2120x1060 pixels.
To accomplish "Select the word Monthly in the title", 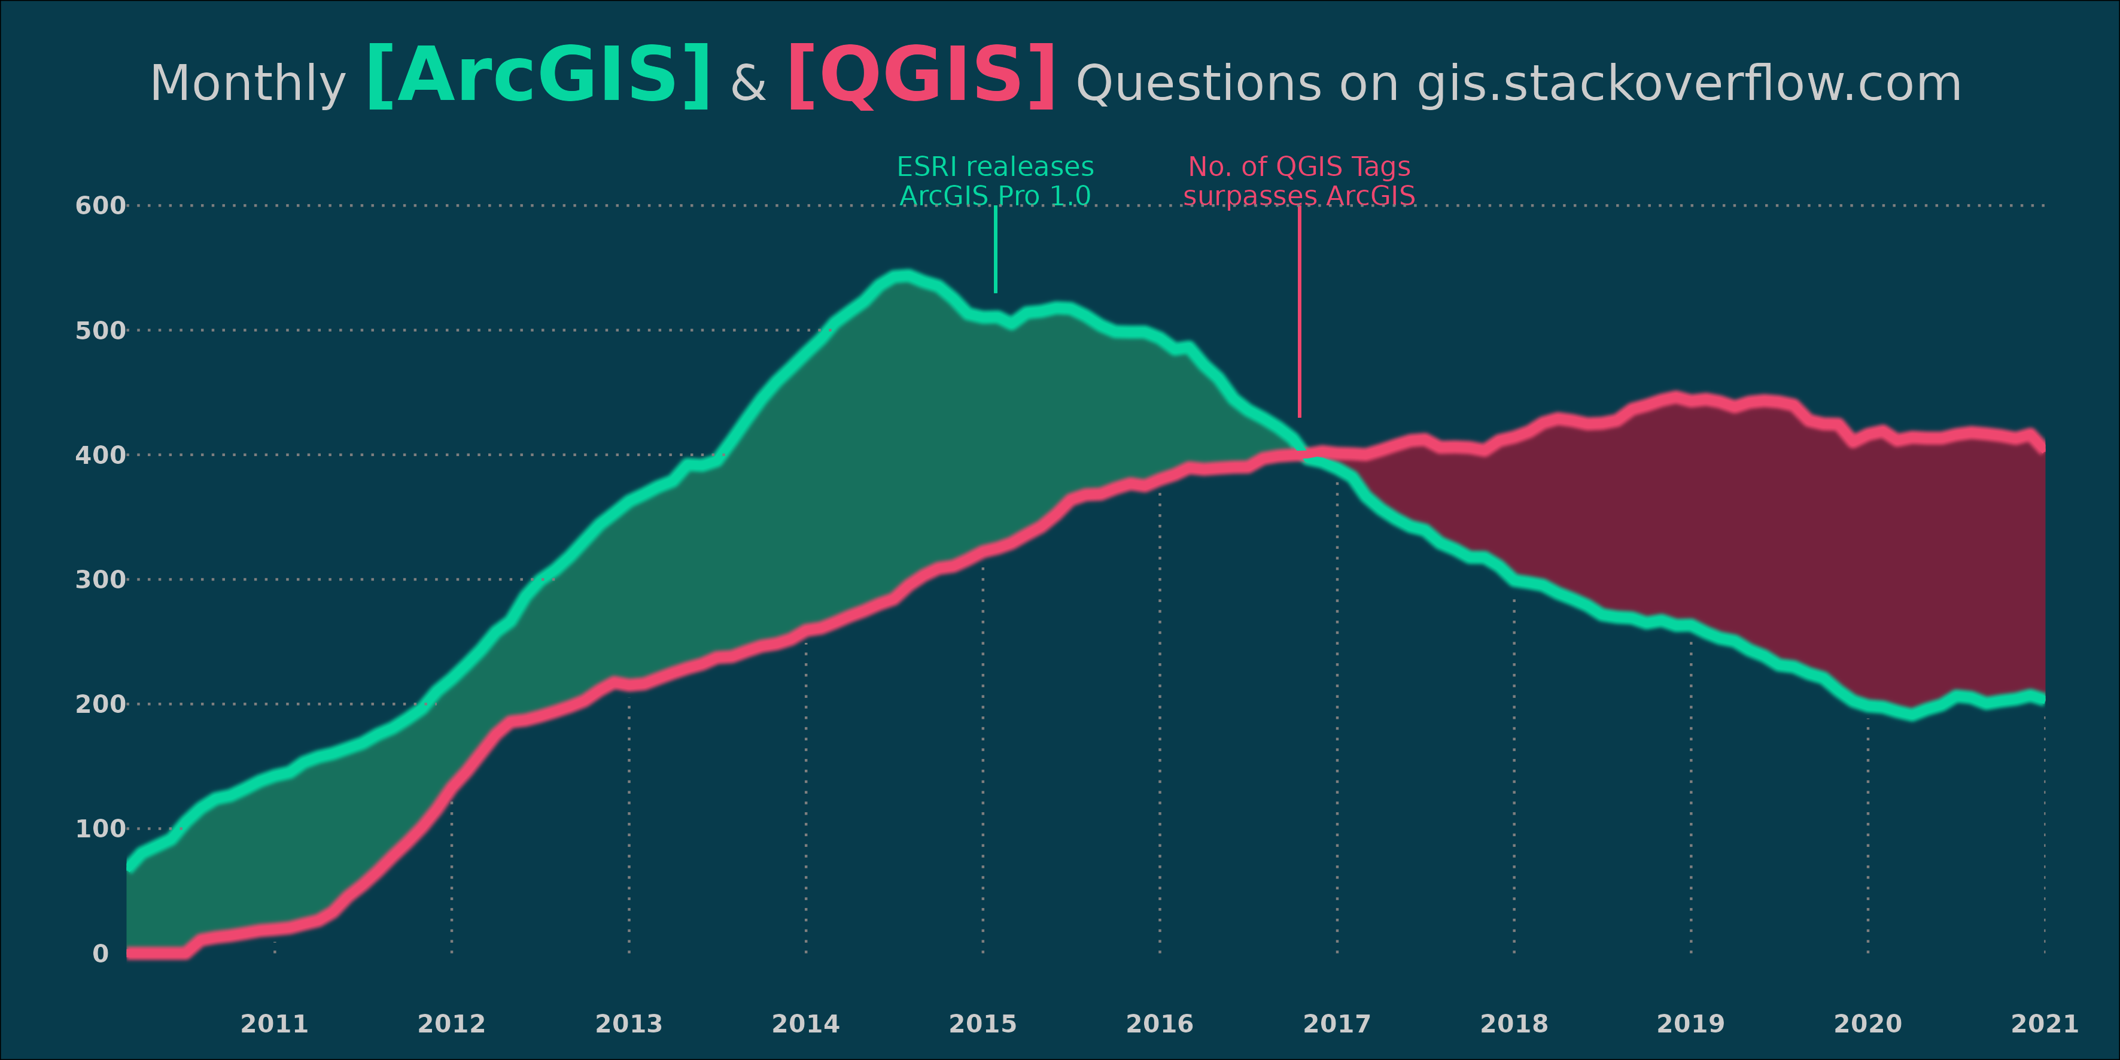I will tap(248, 84).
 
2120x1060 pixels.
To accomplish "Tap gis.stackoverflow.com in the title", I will tap(1689, 84).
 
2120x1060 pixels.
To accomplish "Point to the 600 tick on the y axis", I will tap(101, 206).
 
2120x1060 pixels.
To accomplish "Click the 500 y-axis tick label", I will tap(101, 331).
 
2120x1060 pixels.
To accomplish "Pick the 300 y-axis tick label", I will tap(101, 580).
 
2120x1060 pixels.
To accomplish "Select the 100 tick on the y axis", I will tap(101, 829).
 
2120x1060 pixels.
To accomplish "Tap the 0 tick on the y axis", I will tap(101, 954).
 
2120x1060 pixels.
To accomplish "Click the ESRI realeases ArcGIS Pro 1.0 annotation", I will tap(995, 181).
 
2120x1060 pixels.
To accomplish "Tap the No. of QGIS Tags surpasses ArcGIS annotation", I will tap(1298, 181).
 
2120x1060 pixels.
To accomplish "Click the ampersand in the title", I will tap(748, 84).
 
